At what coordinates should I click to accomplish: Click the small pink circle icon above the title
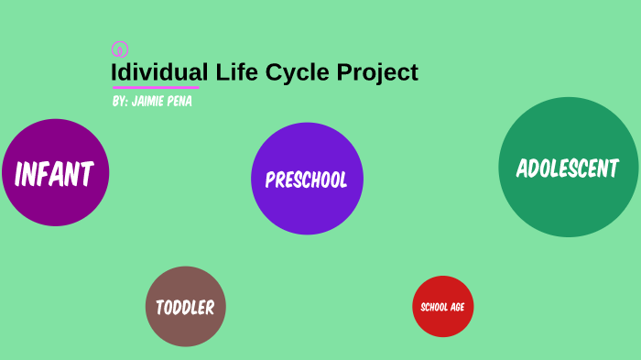pos(119,49)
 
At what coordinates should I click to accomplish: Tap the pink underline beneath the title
pos(156,88)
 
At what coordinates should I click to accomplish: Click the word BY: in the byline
pos(120,101)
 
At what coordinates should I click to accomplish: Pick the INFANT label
pos(55,173)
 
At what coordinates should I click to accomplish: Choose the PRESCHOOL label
pos(306,180)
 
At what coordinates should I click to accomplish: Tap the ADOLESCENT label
pos(568,169)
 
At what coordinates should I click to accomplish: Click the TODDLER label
pos(185,308)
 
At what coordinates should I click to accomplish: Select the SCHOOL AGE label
pos(442,307)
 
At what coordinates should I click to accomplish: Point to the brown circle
pos(185,330)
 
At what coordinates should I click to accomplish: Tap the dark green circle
pos(568,206)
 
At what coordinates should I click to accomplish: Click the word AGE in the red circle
pos(457,307)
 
